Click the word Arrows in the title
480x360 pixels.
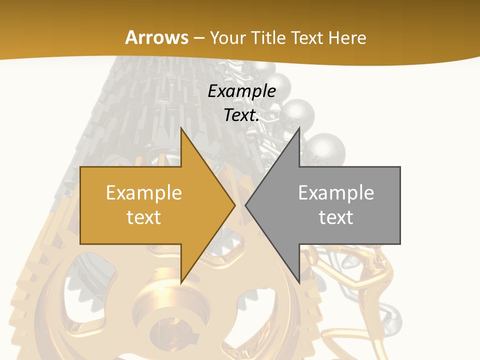[x=156, y=37]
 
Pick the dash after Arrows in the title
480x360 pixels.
[x=199, y=38]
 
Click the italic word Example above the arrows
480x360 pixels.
[x=242, y=91]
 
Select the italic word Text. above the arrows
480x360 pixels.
[x=242, y=115]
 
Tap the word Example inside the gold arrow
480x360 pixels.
[x=144, y=192]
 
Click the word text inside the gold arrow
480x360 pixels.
[x=144, y=217]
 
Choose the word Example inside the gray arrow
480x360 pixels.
[x=336, y=192]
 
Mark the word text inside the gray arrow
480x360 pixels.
[x=336, y=217]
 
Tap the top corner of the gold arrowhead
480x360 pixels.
[x=181, y=127]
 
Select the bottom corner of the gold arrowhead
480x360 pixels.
[x=181, y=283]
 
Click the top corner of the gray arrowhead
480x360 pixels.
[x=299, y=127]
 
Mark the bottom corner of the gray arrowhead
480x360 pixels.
[x=299, y=283]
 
